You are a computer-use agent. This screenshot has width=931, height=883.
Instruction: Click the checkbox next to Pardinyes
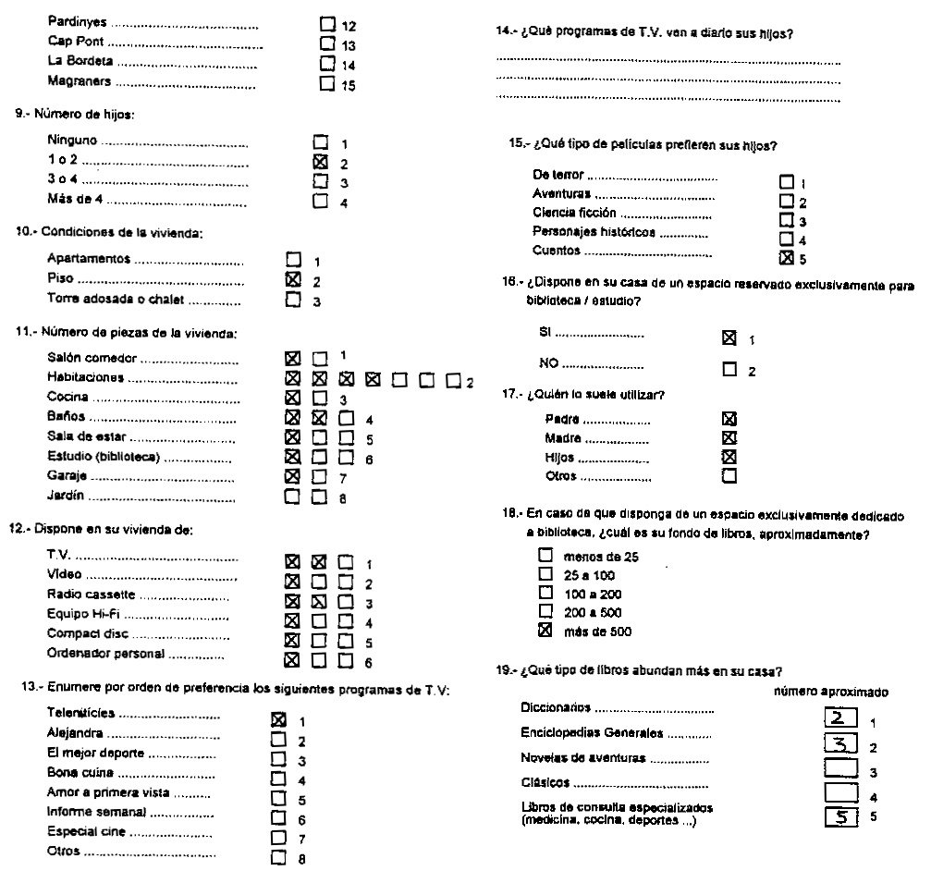(x=326, y=25)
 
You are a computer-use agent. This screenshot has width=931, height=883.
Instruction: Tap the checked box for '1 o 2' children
(x=321, y=163)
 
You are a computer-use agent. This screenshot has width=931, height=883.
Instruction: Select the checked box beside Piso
(x=294, y=279)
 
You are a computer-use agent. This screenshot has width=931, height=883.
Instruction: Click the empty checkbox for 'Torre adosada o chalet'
(x=294, y=299)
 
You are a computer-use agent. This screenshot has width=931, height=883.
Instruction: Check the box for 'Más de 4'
(x=321, y=201)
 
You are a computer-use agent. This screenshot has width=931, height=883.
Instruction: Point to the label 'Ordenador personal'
(x=105, y=654)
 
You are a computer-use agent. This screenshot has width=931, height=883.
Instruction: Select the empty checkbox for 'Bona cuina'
(x=278, y=778)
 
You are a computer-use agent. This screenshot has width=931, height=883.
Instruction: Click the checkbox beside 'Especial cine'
(x=278, y=836)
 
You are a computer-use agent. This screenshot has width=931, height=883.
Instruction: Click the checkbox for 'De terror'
(x=787, y=182)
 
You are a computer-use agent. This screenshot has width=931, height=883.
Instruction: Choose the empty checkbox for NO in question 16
(x=729, y=369)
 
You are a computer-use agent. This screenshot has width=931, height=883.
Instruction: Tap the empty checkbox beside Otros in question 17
(x=729, y=476)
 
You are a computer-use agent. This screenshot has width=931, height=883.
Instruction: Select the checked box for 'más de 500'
(x=545, y=631)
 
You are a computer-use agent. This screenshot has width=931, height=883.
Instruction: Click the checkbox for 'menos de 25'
(x=545, y=556)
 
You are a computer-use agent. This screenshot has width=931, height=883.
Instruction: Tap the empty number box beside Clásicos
(x=841, y=792)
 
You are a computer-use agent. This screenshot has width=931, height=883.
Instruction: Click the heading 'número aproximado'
(x=831, y=691)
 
